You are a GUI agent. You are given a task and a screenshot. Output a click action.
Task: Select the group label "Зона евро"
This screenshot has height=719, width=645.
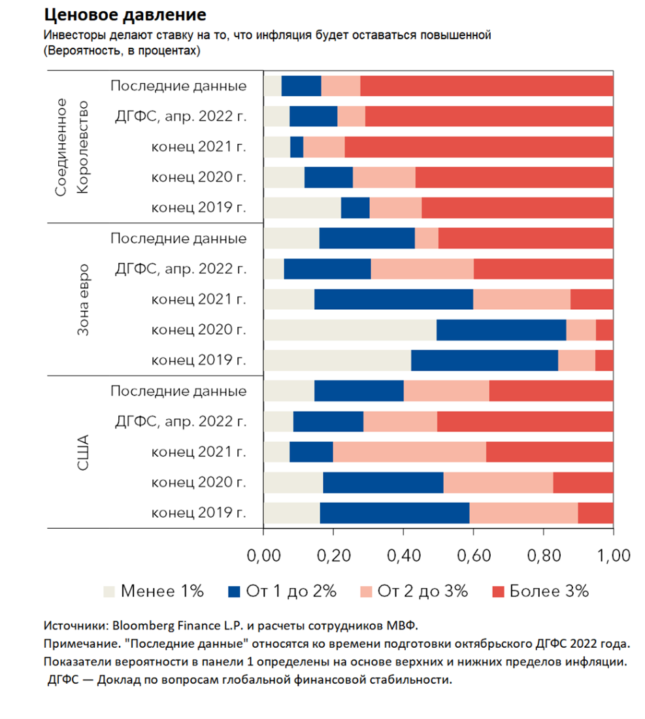(83, 299)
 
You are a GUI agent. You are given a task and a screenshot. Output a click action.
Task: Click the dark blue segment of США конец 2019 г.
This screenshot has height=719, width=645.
(394, 513)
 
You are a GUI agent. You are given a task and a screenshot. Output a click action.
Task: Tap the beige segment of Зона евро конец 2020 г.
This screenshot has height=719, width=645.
(350, 330)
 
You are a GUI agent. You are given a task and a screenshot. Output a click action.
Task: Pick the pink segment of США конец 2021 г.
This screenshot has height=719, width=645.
(409, 452)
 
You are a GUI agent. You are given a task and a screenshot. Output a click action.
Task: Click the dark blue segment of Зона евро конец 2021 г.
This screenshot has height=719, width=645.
(393, 299)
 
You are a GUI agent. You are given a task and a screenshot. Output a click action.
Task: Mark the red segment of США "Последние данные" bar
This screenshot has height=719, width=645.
(551, 391)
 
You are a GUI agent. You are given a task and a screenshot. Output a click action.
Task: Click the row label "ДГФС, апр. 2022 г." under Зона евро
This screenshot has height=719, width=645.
(180, 269)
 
